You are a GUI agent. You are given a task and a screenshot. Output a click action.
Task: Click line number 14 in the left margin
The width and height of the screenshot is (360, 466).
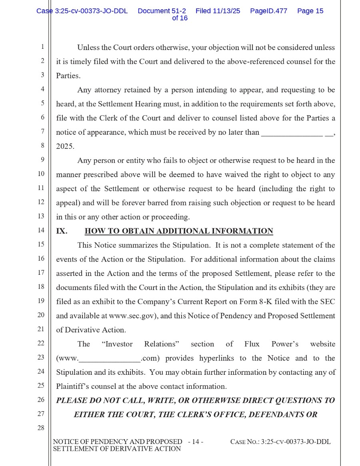coord(41,230)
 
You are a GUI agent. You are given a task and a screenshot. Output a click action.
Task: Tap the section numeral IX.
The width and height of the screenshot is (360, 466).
coord(62,231)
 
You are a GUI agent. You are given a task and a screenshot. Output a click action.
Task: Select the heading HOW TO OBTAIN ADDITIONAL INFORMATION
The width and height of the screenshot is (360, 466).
coord(179,231)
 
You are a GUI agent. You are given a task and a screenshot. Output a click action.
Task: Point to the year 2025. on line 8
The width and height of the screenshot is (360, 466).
coord(65,146)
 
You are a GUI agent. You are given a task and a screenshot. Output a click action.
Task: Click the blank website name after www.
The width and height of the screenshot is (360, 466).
coord(110,359)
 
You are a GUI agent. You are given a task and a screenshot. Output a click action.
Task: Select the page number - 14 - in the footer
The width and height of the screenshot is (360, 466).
coord(196,442)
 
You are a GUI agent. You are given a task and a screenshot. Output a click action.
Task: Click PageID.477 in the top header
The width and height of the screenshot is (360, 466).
coord(268,11)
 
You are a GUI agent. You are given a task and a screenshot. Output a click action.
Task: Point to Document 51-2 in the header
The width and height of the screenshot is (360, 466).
coord(162,11)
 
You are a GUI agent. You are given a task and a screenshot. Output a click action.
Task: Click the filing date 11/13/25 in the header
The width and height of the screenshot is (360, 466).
coord(226,11)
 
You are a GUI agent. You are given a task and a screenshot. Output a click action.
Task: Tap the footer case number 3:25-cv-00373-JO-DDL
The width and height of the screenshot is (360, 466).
coord(296,442)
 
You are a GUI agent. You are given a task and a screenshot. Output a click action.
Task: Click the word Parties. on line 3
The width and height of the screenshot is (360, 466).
coord(68,76)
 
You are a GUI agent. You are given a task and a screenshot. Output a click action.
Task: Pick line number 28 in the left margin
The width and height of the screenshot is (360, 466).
coord(41,428)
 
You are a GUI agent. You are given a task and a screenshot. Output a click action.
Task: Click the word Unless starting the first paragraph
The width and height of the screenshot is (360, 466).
coord(88,48)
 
